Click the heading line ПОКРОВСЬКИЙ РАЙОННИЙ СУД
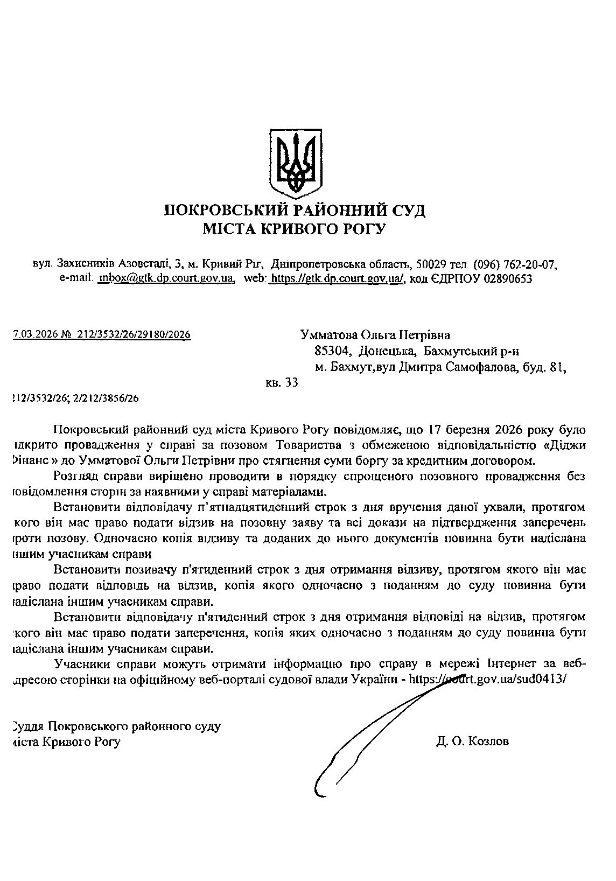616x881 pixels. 295,209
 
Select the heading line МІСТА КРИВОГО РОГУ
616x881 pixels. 295,229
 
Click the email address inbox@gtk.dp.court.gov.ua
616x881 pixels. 165,278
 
